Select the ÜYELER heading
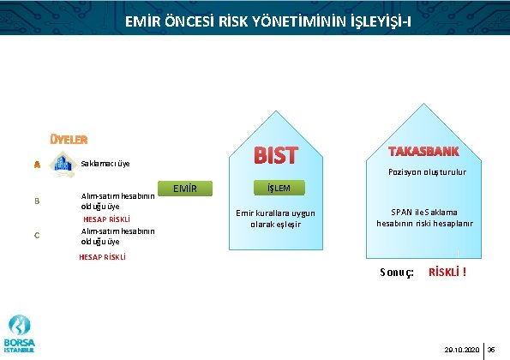coord(68,139)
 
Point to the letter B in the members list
coord(37,201)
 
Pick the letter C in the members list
coord(37,237)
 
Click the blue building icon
coord(63,163)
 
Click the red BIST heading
coord(275,156)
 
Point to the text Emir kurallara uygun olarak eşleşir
coord(275,219)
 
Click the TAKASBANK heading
coord(423,152)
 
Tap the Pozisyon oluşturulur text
coord(425,172)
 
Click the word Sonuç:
coord(397,273)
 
